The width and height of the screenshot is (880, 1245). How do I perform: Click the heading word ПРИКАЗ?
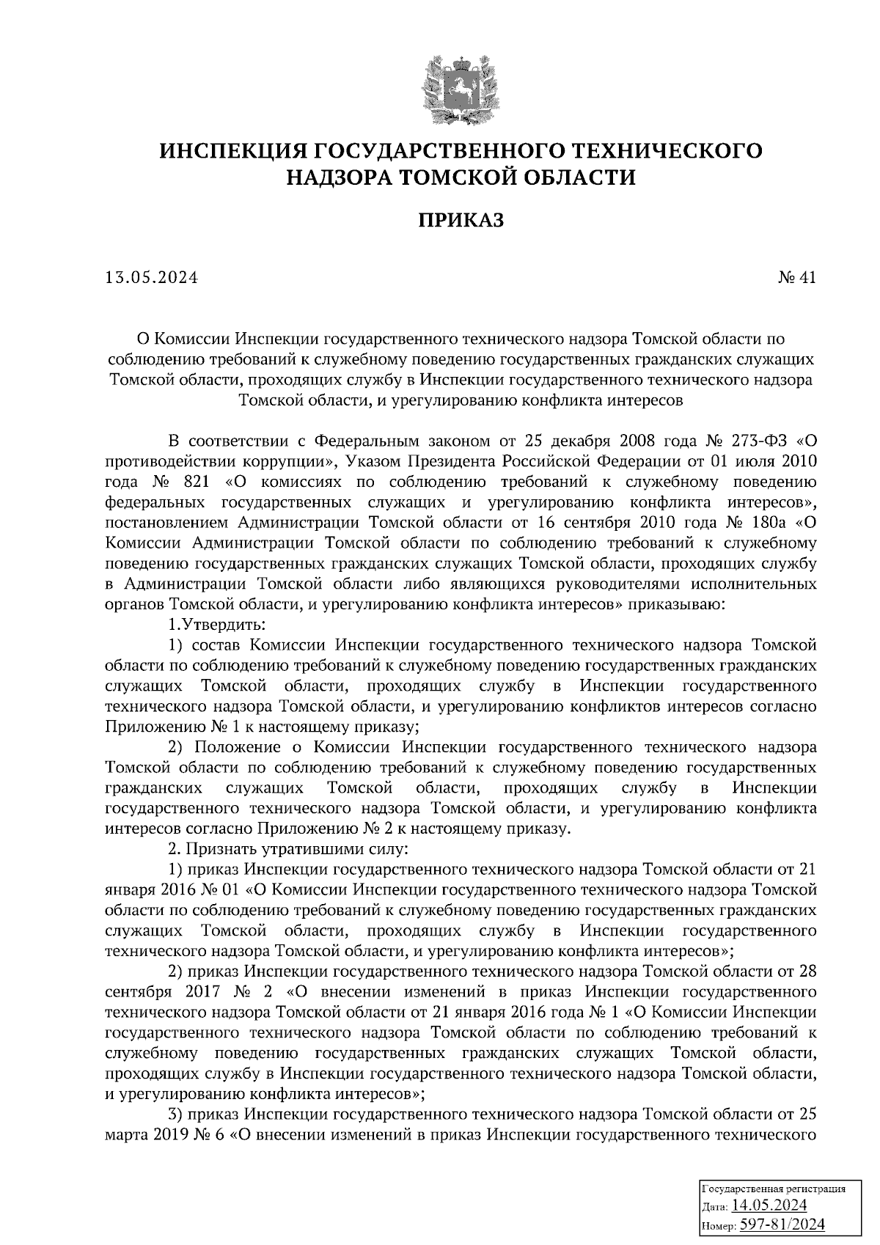coord(461,221)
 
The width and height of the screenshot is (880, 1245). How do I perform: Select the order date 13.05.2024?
coord(152,278)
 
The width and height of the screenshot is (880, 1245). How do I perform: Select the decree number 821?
coord(193,482)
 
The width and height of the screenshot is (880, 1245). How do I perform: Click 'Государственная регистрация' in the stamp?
coord(774,1189)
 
